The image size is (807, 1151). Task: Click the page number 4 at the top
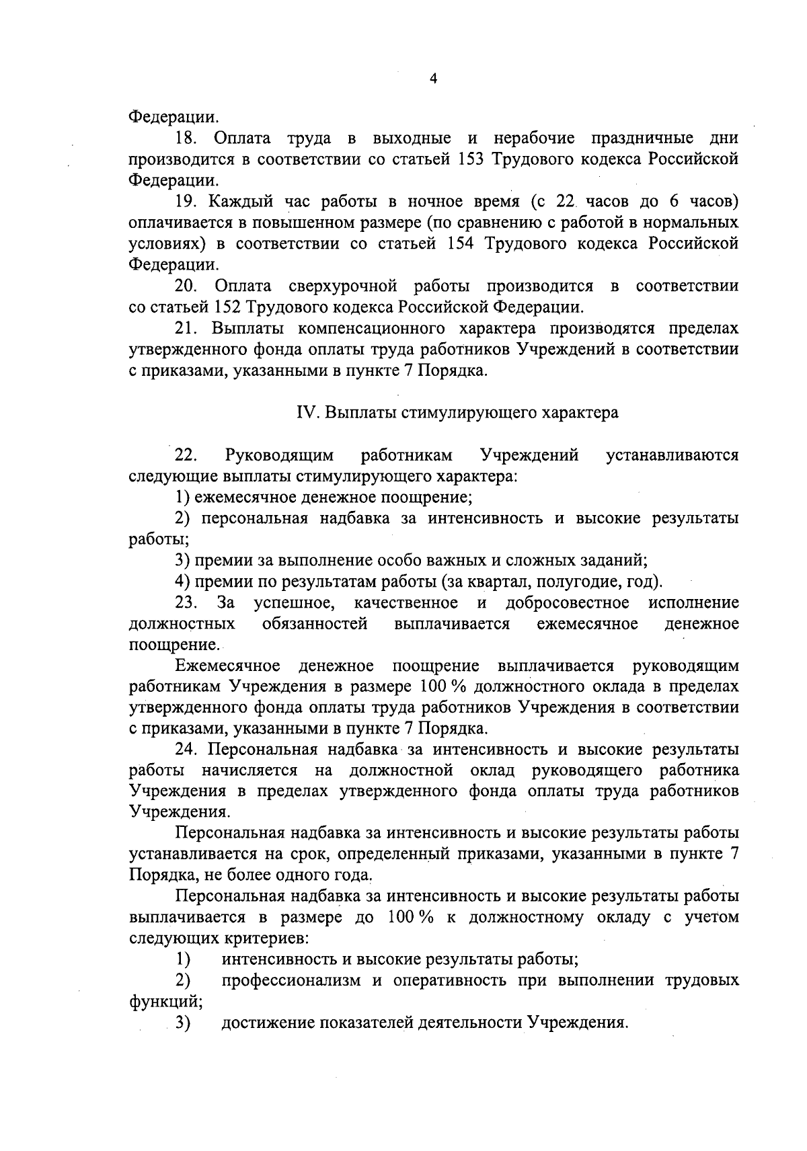pyautogui.click(x=433, y=79)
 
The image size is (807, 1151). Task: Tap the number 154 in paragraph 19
pyautogui.click(x=462, y=243)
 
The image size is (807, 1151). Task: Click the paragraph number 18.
pyautogui.click(x=186, y=138)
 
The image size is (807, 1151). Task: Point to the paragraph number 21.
pyautogui.click(x=186, y=328)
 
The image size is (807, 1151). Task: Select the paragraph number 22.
pyautogui.click(x=186, y=455)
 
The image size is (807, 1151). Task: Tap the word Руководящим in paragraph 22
pyautogui.click(x=280, y=455)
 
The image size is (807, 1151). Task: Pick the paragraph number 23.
pyautogui.click(x=186, y=602)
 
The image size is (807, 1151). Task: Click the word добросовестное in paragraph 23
pyautogui.click(x=567, y=602)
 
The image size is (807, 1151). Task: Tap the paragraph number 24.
pyautogui.click(x=186, y=749)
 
